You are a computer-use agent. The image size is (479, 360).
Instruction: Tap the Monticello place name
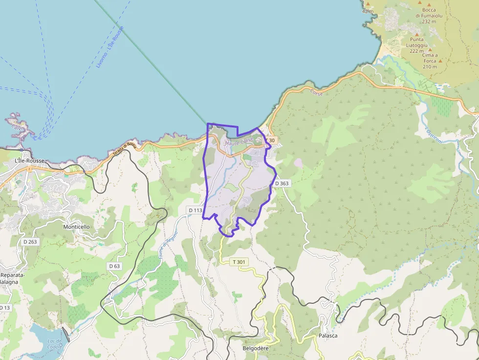76,227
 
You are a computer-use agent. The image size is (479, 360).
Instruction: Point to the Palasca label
328,336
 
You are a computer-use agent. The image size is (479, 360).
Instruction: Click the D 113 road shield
195,211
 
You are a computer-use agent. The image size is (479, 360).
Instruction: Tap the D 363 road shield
282,183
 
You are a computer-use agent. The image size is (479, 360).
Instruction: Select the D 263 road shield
30,242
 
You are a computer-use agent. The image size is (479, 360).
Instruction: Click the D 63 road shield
114,266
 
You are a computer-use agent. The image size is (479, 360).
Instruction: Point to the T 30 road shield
270,141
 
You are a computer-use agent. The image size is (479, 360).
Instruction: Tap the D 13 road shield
4,307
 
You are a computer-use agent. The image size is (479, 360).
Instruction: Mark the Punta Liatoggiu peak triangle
417,35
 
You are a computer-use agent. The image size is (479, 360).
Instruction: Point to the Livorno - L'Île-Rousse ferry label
110,47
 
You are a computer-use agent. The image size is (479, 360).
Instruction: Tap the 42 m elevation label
368,11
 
